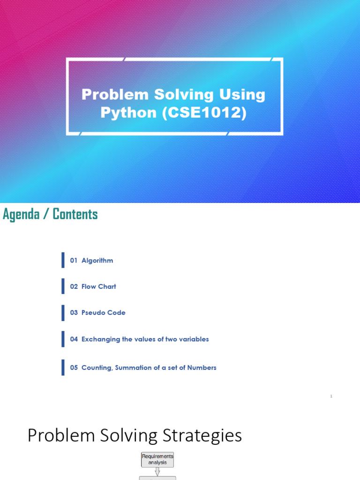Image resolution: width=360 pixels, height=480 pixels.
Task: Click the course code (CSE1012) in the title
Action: tap(204, 113)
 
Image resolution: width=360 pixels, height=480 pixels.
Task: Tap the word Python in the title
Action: tap(129, 113)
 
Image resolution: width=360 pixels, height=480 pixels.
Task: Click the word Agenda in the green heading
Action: tap(22, 214)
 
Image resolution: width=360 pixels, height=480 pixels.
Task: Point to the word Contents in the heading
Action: tap(75, 214)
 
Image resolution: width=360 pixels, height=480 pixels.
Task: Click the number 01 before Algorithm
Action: tap(74, 260)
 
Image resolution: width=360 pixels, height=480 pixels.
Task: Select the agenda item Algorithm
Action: tap(97, 260)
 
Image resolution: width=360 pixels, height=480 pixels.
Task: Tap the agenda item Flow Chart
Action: tap(98, 286)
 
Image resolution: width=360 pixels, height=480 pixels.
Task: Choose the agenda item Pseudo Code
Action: tap(103, 313)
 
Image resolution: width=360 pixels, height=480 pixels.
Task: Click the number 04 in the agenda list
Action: tap(74, 339)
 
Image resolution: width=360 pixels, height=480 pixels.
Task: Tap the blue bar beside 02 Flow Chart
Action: tap(63, 286)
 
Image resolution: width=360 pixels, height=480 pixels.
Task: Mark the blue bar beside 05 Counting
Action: tap(63, 367)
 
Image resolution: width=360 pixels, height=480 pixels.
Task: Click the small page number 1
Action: tap(331, 396)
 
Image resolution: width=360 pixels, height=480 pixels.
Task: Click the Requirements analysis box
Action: tap(157, 459)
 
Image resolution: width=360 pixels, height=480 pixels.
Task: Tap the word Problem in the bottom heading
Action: tap(54, 436)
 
